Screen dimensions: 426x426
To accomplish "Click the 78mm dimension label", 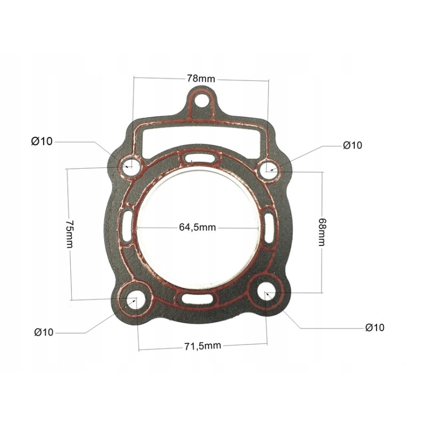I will pos(201,79).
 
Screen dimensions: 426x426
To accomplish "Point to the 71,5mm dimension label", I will pos(202,346).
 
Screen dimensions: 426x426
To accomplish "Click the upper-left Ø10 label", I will pos(42,141).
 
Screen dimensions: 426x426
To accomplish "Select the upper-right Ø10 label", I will pos(352,145).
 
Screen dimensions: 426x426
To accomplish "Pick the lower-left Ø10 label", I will pos(44,332).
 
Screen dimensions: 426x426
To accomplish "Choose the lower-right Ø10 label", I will pos(374,327).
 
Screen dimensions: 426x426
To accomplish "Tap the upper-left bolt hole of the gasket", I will pos(129,166).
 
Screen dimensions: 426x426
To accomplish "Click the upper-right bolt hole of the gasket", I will pos(268,170).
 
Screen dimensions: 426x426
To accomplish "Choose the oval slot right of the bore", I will pos(269,227).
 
